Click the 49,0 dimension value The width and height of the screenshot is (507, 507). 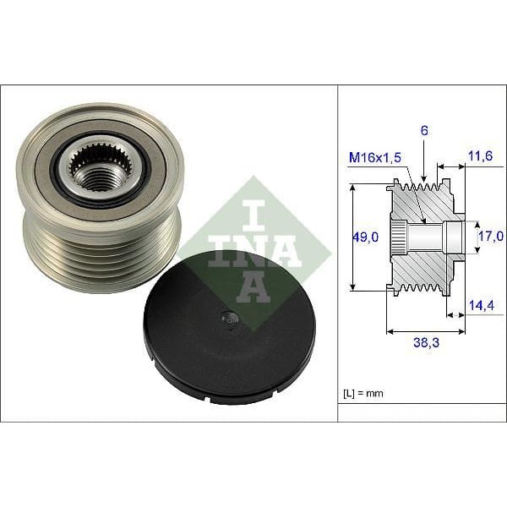[x=366, y=238]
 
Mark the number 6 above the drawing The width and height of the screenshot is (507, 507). [x=424, y=131]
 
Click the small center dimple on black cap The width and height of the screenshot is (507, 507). [x=226, y=319]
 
